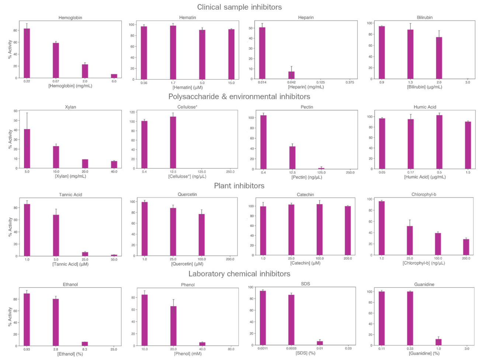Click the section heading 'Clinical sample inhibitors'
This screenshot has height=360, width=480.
[239, 7]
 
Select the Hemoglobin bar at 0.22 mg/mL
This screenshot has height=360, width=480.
[27, 53]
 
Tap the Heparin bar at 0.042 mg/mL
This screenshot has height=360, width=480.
[291, 75]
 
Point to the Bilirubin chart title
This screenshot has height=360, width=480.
[425, 17]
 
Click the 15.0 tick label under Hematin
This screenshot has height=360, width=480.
[231, 83]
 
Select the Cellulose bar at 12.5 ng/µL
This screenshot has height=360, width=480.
[173, 142]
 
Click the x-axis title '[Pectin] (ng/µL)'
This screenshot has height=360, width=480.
[306, 177]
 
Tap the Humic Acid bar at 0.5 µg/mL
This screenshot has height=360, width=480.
[439, 142]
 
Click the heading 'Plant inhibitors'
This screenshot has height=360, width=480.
[239, 186]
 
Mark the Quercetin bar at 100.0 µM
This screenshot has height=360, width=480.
[202, 235]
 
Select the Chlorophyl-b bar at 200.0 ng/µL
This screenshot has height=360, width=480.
[466, 247]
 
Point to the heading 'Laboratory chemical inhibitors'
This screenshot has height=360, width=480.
[239, 274]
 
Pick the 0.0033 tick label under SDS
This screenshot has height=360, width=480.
[291, 348]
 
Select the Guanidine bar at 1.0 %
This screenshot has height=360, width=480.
[438, 342]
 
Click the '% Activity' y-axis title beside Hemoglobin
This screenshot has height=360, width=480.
[10, 49]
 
